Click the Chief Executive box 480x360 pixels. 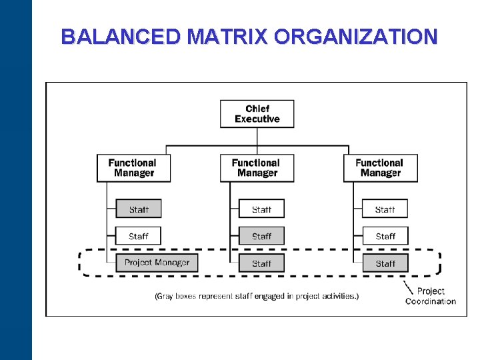pos(257,114)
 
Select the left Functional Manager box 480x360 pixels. pos(134,168)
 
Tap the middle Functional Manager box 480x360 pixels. pos(257,168)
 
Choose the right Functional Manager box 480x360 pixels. pos(381,168)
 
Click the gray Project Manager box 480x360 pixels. pos(157,263)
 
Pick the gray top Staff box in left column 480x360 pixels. pos(139,209)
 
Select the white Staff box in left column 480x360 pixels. pos(139,236)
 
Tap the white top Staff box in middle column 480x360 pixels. pos(261,209)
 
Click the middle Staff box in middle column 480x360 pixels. pos(261,236)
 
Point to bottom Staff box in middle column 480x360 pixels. pos(261,263)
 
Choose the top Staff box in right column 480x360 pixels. pos(385,209)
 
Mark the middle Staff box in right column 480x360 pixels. pos(385,236)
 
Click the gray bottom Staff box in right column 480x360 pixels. pos(385,263)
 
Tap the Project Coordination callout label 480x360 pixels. pos(431,296)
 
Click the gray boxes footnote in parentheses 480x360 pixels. pos(257,295)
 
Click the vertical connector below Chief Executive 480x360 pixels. pos(257,136)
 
